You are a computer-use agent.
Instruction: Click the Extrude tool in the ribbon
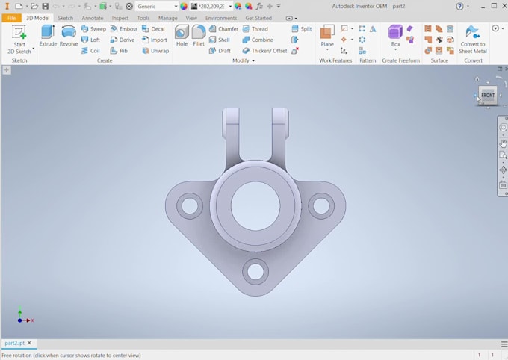(x=48, y=35)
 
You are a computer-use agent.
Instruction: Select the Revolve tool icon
(x=69, y=35)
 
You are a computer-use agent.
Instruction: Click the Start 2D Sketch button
(x=19, y=38)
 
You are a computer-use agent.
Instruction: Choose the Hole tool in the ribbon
(x=182, y=35)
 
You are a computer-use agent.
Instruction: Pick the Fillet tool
(x=199, y=35)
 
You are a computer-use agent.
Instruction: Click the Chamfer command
(x=223, y=29)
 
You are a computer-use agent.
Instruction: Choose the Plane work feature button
(x=327, y=35)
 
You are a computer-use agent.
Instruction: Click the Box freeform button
(x=395, y=35)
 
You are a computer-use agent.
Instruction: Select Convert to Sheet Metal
(x=472, y=38)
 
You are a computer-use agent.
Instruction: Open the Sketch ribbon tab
(x=66, y=18)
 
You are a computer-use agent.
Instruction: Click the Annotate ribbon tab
(x=93, y=18)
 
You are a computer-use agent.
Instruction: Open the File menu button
(x=12, y=18)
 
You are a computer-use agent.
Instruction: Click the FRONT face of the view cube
(x=488, y=96)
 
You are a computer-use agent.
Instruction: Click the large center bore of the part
(x=255, y=205)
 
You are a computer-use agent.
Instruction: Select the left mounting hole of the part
(x=190, y=205)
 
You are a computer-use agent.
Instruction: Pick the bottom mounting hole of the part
(x=255, y=271)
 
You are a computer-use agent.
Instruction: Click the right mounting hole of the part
(x=321, y=205)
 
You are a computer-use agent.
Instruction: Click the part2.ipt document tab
(x=14, y=344)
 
